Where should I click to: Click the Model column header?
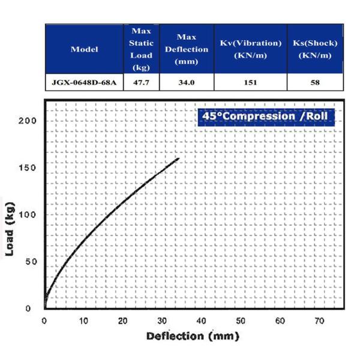tap(84, 49)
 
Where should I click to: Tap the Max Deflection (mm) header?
tap(187, 49)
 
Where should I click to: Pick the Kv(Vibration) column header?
tap(250, 49)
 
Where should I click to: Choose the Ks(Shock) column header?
tap(314, 49)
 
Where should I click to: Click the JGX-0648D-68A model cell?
tap(84, 82)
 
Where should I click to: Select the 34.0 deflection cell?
tap(187, 82)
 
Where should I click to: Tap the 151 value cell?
tap(250, 82)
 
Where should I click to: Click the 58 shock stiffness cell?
tap(314, 82)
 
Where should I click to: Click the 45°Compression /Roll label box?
tap(265, 115)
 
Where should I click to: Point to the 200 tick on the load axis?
tap(28, 121)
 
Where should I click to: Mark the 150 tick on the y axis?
tap(28, 167)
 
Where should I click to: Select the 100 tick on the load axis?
tap(28, 215)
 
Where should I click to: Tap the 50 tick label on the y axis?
tap(30, 262)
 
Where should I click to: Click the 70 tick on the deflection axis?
tap(319, 321)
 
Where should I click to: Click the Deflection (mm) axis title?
tap(192, 336)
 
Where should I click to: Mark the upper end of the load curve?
tap(179, 158)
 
